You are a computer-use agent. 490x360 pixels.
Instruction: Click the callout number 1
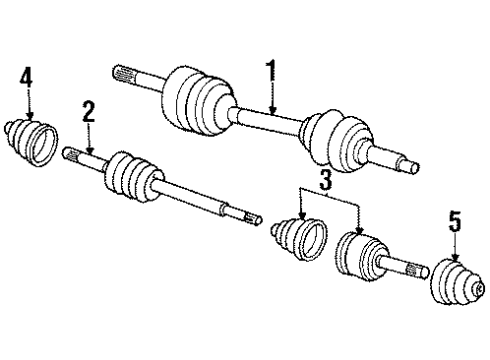(272, 71)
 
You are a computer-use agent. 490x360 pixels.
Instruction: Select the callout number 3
(325, 180)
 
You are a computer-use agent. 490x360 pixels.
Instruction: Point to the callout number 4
(26, 77)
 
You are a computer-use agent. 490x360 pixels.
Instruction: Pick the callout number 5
(455, 221)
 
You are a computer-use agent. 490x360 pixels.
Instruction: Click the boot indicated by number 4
(31, 142)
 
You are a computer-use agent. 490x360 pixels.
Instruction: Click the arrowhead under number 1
(273, 109)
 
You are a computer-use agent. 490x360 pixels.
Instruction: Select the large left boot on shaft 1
(199, 101)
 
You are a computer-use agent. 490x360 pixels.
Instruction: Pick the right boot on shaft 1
(337, 140)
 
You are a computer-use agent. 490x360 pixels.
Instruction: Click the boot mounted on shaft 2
(134, 176)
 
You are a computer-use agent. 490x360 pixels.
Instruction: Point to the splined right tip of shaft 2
(253, 219)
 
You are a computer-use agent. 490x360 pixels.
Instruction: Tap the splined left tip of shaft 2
(71, 154)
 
